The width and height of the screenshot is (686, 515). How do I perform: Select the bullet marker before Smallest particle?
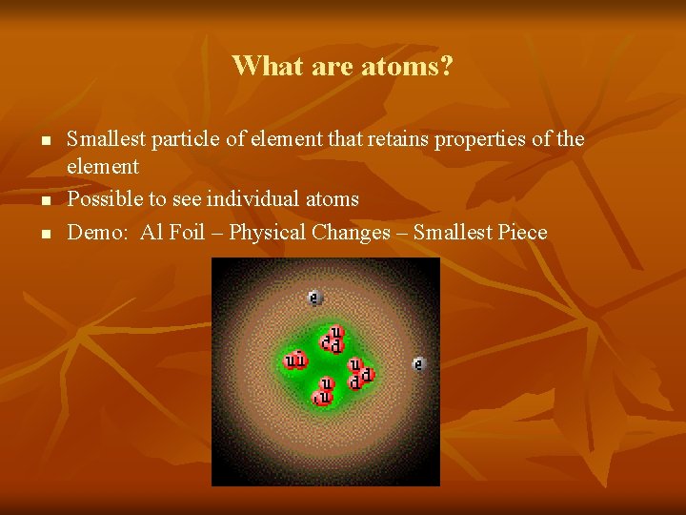click(x=45, y=140)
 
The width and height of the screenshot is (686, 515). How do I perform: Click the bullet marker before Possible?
click(x=45, y=200)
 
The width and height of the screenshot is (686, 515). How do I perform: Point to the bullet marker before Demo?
click(x=45, y=234)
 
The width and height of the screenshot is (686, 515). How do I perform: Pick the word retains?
click(x=395, y=139)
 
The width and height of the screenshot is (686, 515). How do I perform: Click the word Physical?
click(x=267, y=233)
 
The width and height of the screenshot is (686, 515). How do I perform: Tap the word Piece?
click(x=522, y=233)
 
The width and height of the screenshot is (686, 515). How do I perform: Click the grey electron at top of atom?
click(x=314, y=299)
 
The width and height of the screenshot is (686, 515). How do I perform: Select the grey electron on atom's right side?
click(x=418, y=363)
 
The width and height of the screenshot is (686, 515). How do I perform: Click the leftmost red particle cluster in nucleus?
click(x=296, y=360)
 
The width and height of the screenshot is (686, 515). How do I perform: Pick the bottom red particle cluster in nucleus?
click(x=324, y=391)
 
